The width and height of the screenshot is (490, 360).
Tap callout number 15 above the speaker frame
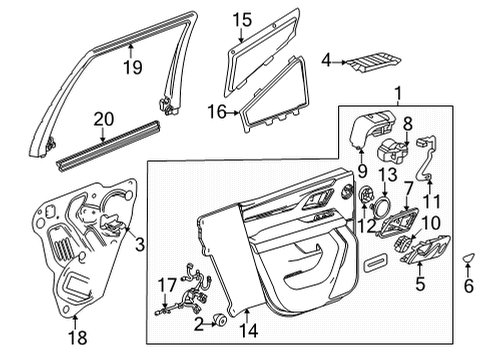(241, 19)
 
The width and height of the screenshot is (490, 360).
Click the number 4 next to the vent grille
(326, 62)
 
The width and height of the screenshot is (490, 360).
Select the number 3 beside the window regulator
(139, 243)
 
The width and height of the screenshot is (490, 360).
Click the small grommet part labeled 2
(216, 322)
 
